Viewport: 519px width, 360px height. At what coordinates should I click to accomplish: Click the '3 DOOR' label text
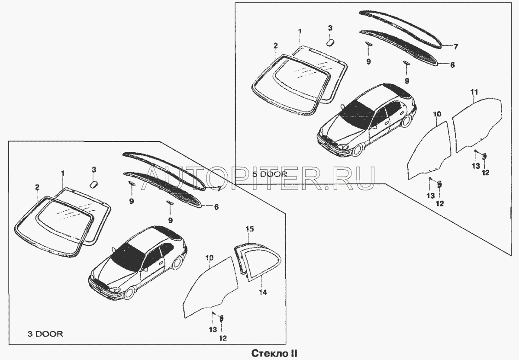(45, 334)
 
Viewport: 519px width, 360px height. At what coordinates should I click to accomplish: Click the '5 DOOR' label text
(270, 174)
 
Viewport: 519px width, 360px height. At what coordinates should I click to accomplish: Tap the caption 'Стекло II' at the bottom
(274, 353)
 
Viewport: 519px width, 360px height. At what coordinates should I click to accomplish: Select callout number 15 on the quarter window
(250, 229)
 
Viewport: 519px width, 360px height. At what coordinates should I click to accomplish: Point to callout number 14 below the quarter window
(263, 292)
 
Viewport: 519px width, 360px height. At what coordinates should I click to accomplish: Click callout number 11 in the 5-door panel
(474, 92)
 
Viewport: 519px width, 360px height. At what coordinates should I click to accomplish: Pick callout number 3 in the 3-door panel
(93, 170)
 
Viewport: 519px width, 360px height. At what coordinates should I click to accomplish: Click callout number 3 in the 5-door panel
(330, 28)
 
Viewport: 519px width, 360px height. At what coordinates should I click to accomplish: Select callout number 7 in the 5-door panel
(456, 47)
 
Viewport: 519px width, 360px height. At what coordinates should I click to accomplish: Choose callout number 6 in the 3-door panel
(216, 207)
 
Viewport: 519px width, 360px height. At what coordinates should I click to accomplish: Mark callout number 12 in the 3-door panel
(222, 338)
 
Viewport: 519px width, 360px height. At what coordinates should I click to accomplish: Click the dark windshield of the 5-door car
(358, 115)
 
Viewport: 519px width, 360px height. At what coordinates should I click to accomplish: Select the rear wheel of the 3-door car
(178, 262)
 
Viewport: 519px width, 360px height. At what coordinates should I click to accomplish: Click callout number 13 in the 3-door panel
(213, 330)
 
